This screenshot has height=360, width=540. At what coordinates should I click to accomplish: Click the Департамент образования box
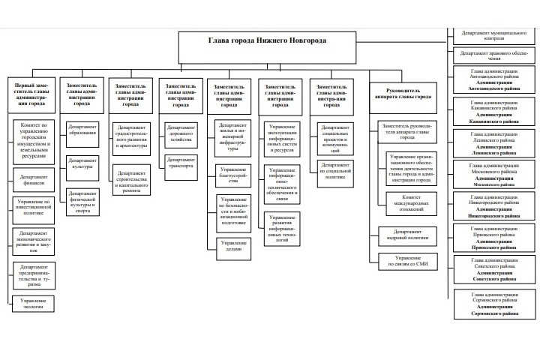(x=82, y=129)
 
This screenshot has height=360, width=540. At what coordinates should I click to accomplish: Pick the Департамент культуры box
(x=82, y=163)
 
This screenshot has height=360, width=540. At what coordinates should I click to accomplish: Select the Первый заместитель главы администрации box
(x=33, y=95)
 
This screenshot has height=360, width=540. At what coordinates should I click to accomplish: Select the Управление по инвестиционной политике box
(x=33, y=208)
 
